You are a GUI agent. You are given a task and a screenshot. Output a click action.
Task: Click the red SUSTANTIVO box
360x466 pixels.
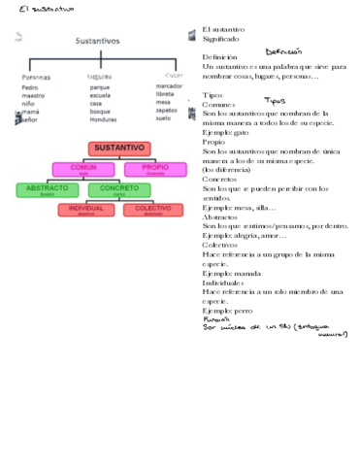[x=118, y=148]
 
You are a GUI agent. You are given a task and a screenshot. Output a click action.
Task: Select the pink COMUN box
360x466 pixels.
[x=84, y=168]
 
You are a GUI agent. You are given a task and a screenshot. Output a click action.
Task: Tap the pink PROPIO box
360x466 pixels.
[x=148, y=168]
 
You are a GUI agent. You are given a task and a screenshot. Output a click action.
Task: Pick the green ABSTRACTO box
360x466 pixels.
[x=47, y=189]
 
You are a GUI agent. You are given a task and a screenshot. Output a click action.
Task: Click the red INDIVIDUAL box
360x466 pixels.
[x=85, y=210]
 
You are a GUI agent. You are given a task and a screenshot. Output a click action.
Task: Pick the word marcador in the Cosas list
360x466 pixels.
[x=168, y=86]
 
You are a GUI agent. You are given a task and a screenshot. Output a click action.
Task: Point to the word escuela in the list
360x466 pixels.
[x=99, y=96]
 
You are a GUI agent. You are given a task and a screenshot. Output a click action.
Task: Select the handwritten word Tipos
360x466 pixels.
[x=275, y=101]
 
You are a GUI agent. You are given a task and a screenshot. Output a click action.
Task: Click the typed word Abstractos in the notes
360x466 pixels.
[x=222, y=216]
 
